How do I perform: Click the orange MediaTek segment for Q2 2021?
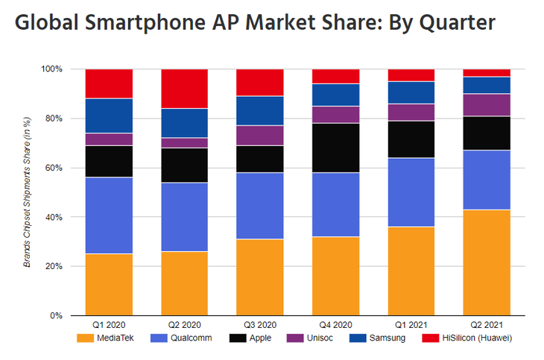pyautogui.click(x=486, y=262)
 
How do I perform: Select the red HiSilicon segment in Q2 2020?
pyautogui.click(x=184, y=89)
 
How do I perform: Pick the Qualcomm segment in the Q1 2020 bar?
pyautogui.click(x=109, y=215)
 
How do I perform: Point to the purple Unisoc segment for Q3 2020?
pyautogui.click(x=259, y=136)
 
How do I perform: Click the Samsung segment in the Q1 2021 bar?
pyautogui.click(x=411, y=92)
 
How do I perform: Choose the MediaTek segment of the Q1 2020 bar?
pyautogui.click(x=109, y=284)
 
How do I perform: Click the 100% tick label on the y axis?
pyautogui.click(x=51, y=69)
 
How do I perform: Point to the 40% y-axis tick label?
pyautogui.click(x=54, y=217)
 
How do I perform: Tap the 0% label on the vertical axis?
pyautogui.click(x=57, y=315)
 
